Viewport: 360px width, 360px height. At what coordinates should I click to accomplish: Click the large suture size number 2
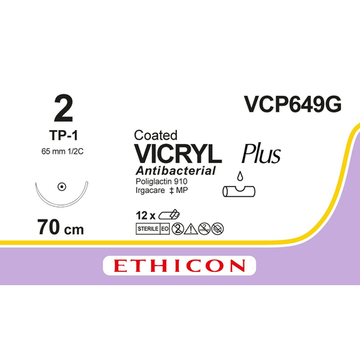(x=64, y=108)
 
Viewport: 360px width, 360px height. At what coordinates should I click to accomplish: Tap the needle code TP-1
(x=64, y=136)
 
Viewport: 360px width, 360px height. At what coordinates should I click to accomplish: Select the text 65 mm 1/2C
(x=62, y=152)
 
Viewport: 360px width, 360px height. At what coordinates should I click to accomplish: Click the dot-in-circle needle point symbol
(x=62, y=187)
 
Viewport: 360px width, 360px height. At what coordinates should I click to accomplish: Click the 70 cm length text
(x=60, y=227)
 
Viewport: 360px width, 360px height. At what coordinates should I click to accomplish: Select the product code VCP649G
(x=293, y=104)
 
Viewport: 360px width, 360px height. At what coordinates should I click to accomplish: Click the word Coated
(x=156, y=135)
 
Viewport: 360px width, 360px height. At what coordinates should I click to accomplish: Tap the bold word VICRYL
(x=178, y=154)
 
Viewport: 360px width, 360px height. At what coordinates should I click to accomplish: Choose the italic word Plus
(x=261, y=154)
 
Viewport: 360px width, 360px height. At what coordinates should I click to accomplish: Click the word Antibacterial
(x=175, y=171)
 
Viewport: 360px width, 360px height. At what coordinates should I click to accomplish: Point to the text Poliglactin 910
(x=161, y=181)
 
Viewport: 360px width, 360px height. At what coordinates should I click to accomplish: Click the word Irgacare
(x=150, y=191)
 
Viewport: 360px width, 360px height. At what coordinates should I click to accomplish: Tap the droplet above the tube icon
(x=240, y=176)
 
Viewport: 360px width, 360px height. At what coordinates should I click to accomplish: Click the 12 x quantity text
(x=145, y=215)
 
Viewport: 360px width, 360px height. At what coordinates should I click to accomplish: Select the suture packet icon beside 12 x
(x=169, y=215)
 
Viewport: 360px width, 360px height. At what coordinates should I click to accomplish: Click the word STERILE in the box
(x=148, y=229)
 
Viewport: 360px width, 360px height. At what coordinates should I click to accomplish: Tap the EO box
(x=165, y=229)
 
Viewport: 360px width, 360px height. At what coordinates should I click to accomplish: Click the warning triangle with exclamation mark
(x=191, y=229)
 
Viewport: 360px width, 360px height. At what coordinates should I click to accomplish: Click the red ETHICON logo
(x=180, y=266)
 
